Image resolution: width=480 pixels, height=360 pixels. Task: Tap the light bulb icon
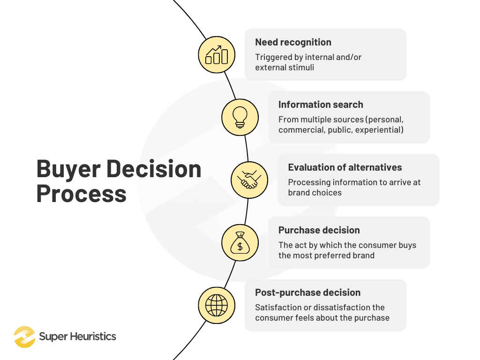click(x=240, y=117)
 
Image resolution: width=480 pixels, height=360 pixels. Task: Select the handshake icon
click(x=249, y=180)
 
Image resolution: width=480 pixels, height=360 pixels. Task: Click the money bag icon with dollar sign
click(x=240, y=243)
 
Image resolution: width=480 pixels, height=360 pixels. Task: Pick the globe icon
click(x=217, y=305)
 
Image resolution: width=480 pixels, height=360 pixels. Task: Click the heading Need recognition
click(x=293, y=42)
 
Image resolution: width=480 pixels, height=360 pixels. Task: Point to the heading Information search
click(x=321, y=105)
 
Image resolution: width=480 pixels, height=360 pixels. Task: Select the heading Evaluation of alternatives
click(x=345, y=167)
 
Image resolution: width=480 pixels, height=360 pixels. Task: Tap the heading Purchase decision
click(x=319, y=230)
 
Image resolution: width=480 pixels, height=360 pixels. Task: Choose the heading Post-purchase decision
click(x=308, y=292)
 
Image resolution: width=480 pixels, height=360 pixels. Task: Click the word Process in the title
click(x=81, y=194)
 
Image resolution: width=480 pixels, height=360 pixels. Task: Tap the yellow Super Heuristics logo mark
click(x=24, y=337)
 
